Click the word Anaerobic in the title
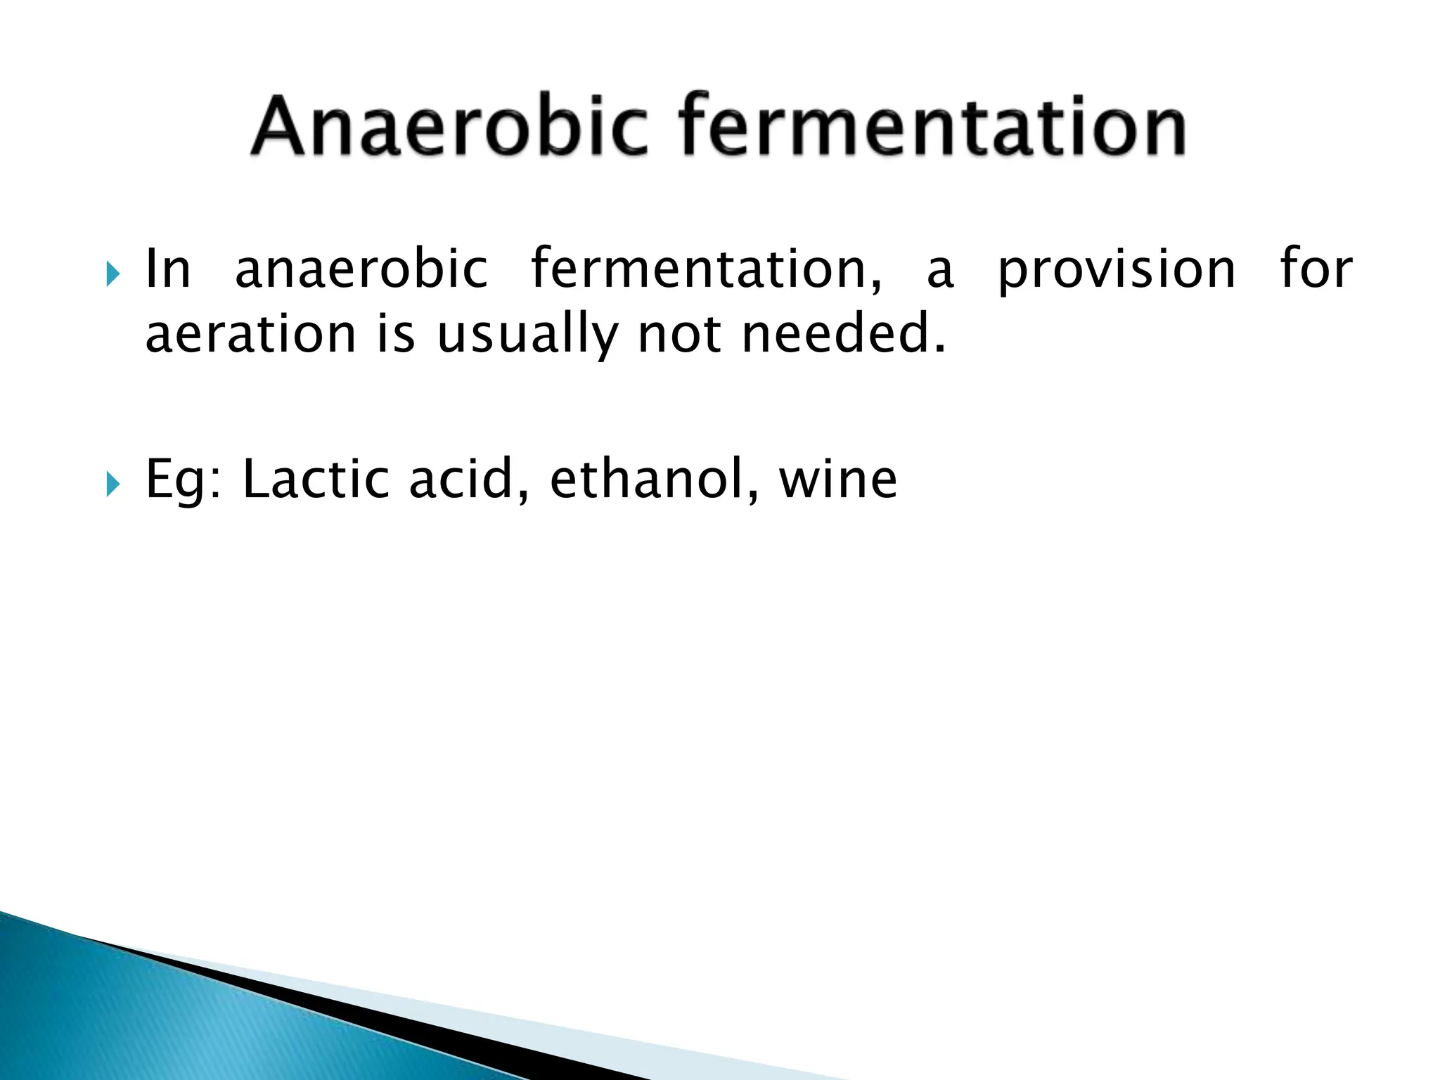(x=449, y=127)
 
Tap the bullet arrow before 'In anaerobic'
(x=112, y=274)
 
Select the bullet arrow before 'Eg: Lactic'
(x=112, y=484)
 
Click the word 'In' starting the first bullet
(x=167, y=269)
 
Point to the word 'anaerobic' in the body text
(x=361, y=269)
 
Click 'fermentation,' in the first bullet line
(x=706, y=269)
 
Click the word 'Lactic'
(x=316, y=478)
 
